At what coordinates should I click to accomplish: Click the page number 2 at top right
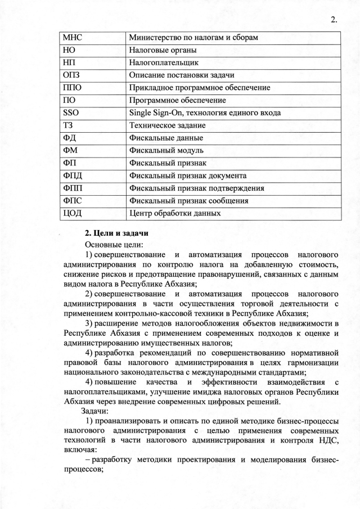333,21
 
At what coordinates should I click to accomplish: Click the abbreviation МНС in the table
73,38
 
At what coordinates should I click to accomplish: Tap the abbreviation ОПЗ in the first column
72,75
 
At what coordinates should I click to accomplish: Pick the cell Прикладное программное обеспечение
200,88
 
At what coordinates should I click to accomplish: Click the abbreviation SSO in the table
71,112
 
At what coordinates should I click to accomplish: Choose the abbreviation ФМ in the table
71,150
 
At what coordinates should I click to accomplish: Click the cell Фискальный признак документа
188,175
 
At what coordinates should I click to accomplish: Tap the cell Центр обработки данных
175,213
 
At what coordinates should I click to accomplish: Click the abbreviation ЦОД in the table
73,213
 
